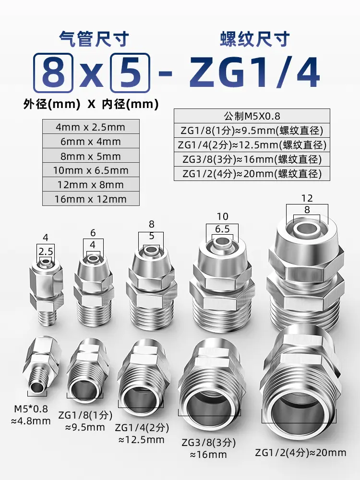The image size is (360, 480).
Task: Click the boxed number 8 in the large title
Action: (x=53, y=73)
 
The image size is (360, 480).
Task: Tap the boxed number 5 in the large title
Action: (x=130, y=73)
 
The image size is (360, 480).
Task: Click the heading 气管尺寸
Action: (x=94, y=39)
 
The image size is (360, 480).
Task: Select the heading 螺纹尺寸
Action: (x=255, y=39)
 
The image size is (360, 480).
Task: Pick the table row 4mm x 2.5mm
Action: (x=91, y=127)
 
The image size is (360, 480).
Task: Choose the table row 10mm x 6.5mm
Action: (x=91, y=170)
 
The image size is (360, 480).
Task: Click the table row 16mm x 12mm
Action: (x=91, y=199)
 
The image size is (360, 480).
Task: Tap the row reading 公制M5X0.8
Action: (x=252, y=116)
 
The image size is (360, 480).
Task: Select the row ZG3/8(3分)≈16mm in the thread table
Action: (x=252, y=159)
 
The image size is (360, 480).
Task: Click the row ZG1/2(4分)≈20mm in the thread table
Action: (x=252, y=174)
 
